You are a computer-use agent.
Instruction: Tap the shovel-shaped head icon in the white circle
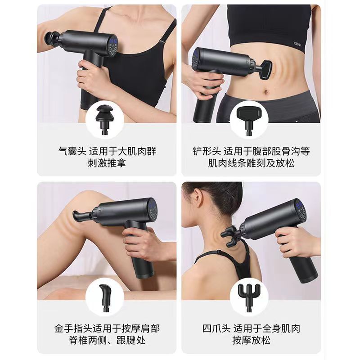coord(249,120)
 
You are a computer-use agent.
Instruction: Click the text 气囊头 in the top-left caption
coord(72,151)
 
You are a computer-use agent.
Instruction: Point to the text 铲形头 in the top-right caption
coord(207,151)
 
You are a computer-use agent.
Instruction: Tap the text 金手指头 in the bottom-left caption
coord(73,328)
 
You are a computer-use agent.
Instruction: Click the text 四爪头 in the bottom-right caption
coord(216,328)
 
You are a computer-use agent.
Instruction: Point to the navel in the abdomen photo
coord(266,92)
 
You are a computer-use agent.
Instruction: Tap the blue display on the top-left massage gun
coord(113,41)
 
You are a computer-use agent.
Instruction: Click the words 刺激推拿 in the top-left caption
coord(107,163)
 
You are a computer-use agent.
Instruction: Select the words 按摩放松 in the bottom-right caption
coord(251,340)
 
